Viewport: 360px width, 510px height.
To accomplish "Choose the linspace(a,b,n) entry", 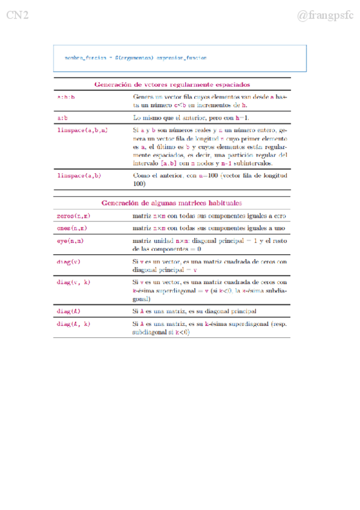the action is click(82, 130).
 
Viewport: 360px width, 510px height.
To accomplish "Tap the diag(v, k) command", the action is click(73, 282).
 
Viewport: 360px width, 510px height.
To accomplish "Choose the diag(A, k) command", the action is click(73, 324).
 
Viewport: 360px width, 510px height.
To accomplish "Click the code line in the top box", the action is click(136, 58).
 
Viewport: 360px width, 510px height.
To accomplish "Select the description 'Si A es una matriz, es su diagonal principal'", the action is click(195, 311).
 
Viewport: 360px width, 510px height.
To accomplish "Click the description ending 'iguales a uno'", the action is click(209, 229).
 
